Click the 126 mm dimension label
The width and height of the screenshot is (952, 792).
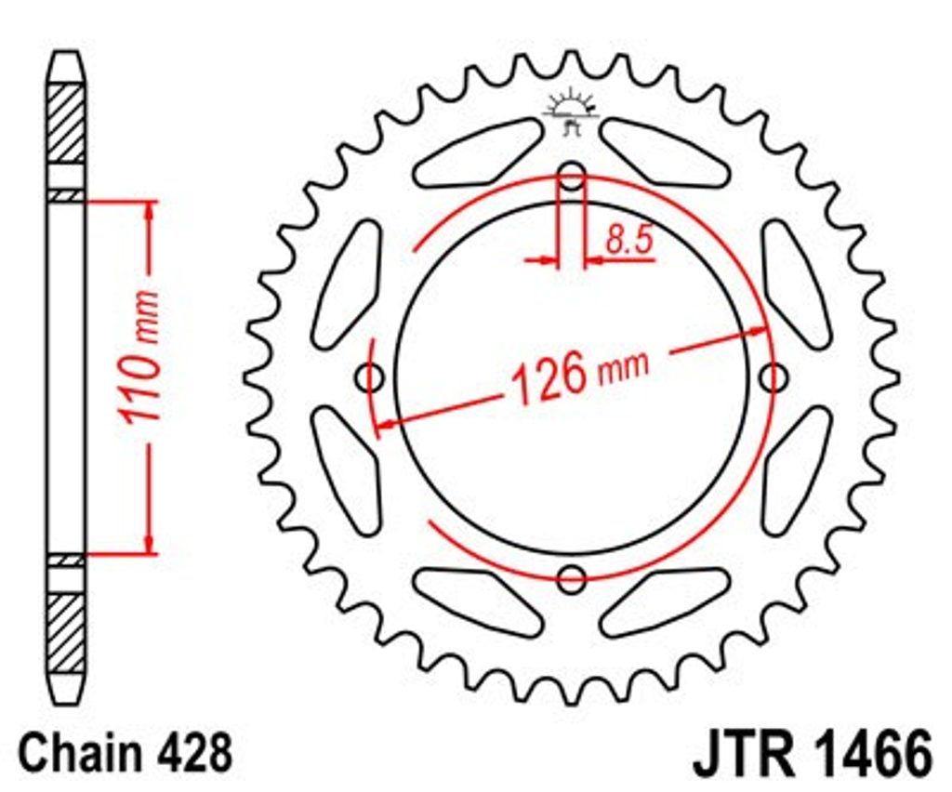coord(580,374)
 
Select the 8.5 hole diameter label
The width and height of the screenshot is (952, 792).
coord(629,239)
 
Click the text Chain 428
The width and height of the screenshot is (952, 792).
coord(126,753)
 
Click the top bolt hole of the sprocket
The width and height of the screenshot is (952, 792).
coord(572,177)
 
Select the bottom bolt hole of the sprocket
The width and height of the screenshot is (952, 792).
coord(572,579)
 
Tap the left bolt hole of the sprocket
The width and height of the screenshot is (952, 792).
coord(370,378)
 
